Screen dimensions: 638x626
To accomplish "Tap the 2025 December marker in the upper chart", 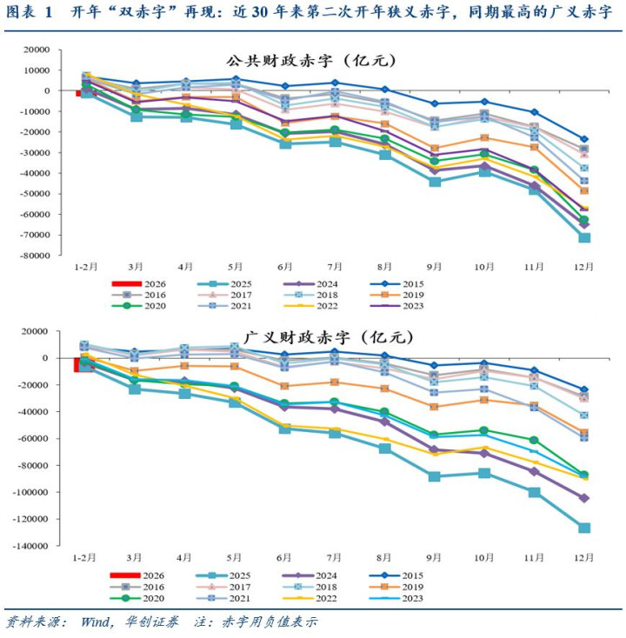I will click(x=584, y=237).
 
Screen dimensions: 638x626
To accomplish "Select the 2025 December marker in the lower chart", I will click(x=584, y=528).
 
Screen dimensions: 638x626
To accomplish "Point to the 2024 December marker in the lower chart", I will click(x=584, y=498).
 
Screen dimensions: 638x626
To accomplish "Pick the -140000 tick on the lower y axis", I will click(x=30, y=546).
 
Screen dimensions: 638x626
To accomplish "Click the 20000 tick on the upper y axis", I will click(x=36, y=50).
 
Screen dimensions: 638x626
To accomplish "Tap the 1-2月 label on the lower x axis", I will click(x=84, y=557).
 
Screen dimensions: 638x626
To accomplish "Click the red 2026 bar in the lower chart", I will click(x=83, y=363).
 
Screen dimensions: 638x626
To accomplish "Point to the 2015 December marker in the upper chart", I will click(x=584, y=139).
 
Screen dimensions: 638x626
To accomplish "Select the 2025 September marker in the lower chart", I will click(x=434, y=476).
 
